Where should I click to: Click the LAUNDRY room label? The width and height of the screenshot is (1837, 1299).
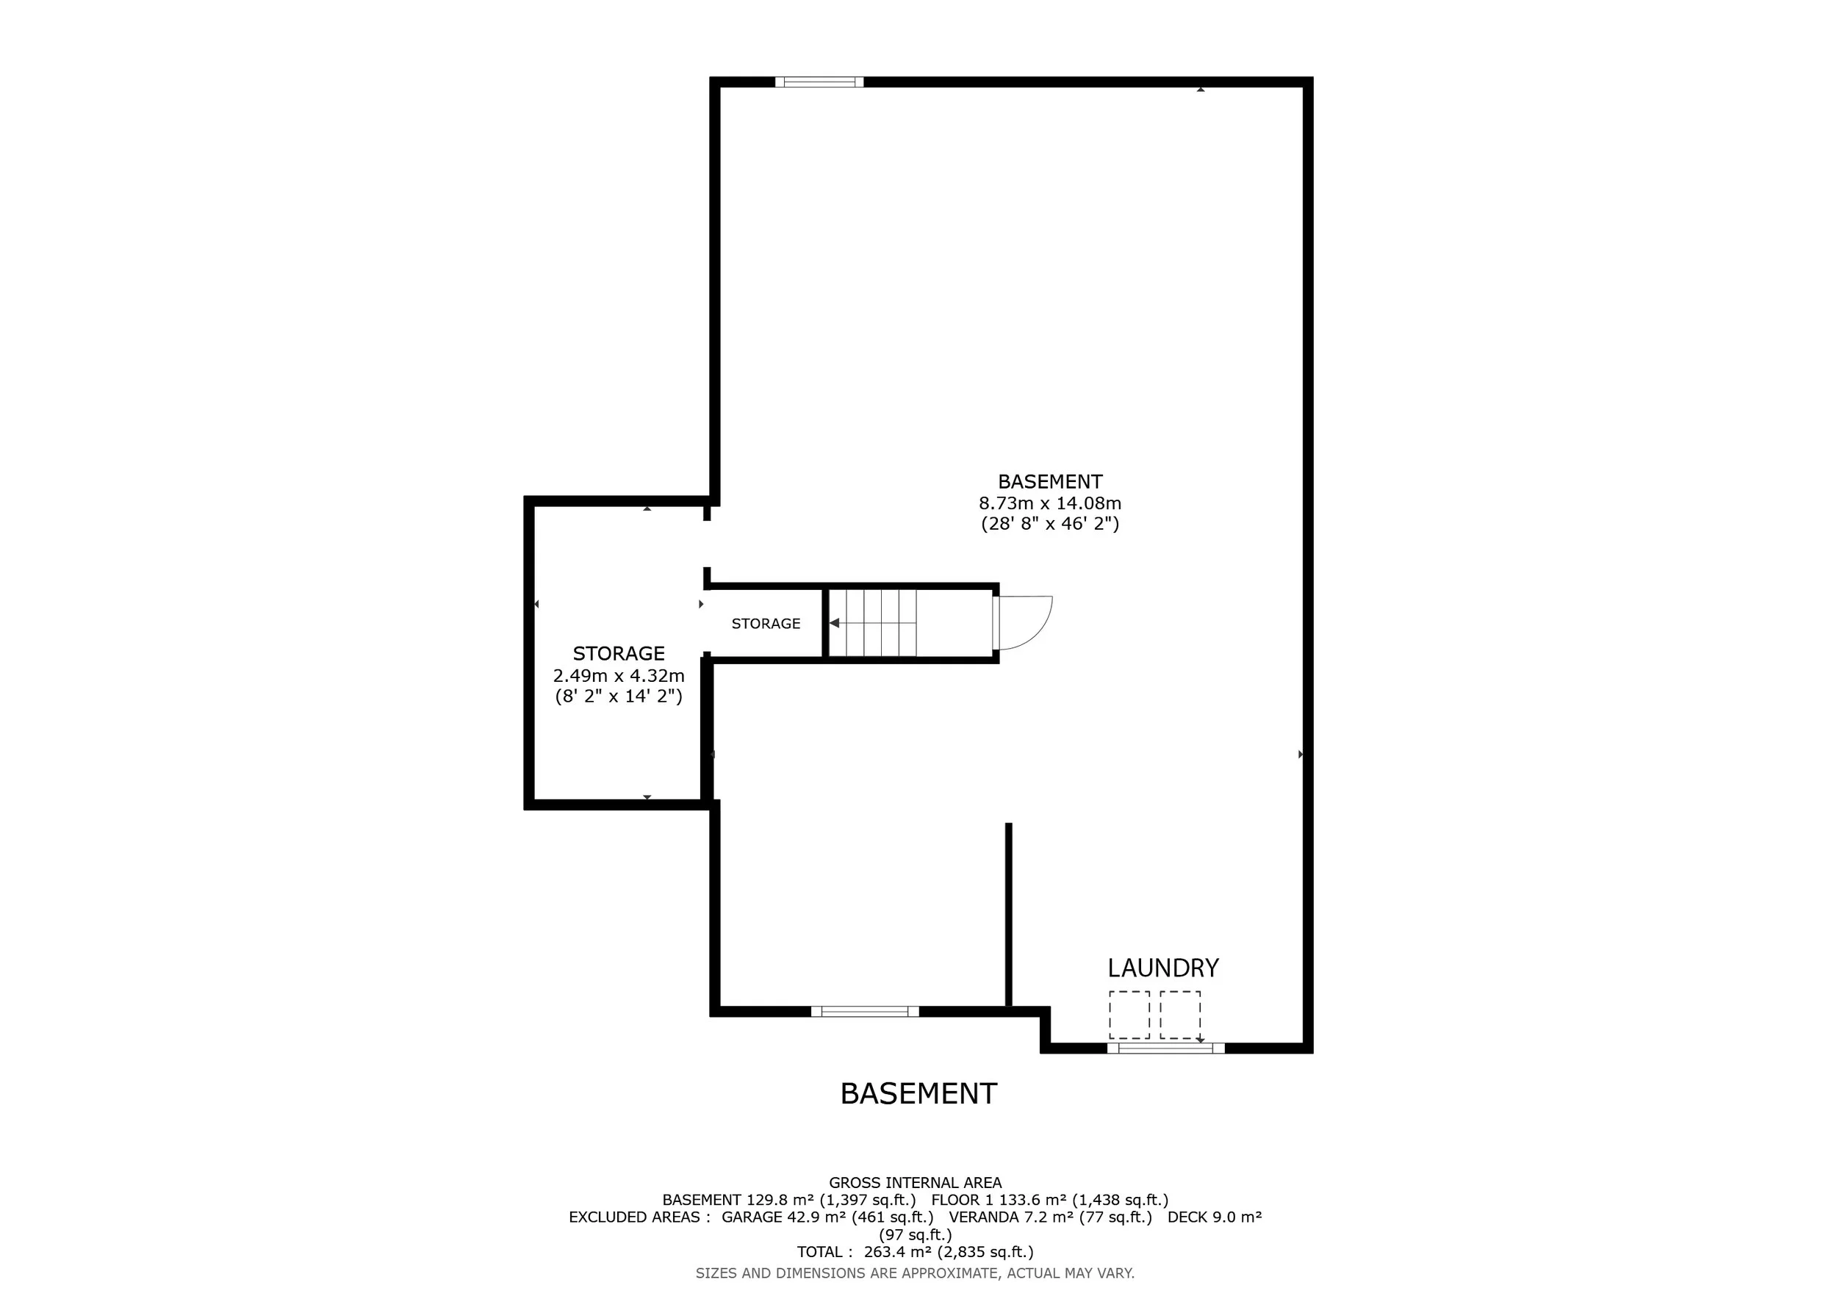1162,968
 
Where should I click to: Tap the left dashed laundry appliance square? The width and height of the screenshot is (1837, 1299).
1129,1015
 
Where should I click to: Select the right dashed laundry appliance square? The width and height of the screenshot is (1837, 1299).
1180,1015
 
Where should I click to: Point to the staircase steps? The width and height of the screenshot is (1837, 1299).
873,622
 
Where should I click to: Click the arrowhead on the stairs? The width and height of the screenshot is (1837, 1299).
834,622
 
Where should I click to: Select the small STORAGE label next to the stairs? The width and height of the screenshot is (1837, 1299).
766,623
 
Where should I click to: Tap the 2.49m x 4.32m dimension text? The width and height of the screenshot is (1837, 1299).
619,675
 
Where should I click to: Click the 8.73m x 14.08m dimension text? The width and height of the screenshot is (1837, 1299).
1050,503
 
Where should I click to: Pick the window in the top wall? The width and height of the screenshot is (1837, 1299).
819,82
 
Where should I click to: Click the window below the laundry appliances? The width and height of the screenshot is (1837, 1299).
1165,1048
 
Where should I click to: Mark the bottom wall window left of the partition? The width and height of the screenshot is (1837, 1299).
865,1011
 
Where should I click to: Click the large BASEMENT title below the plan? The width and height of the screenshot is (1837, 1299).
918,1093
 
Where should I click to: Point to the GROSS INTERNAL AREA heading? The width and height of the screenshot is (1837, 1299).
916,1182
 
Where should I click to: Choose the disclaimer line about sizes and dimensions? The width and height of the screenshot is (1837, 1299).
916,1273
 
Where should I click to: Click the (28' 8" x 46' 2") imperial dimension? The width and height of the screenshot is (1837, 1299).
1050,524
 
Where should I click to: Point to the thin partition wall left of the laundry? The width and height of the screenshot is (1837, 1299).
1008,914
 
